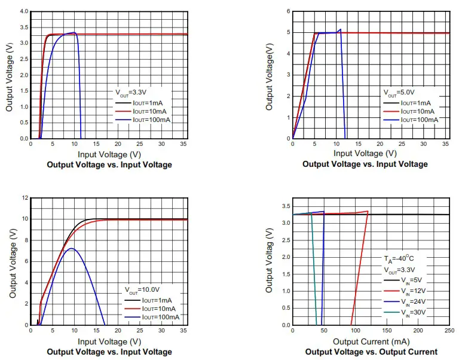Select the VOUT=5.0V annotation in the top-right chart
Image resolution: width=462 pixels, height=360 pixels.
[399, 93]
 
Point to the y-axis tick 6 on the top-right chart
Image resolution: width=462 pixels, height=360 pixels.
[287, 11]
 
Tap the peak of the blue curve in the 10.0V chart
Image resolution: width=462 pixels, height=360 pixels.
[71, 248]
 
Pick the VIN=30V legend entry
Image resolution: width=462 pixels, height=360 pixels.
[412, 313]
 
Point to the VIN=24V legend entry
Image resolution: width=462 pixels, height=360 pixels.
[412, 302]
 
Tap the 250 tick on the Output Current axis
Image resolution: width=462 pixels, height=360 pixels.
[449, 331]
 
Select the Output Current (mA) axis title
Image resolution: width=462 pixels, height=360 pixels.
[371, 341]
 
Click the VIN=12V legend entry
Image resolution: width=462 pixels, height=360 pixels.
[412, 291]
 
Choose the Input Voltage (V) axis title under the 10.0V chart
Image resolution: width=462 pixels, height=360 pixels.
[109, 341]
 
